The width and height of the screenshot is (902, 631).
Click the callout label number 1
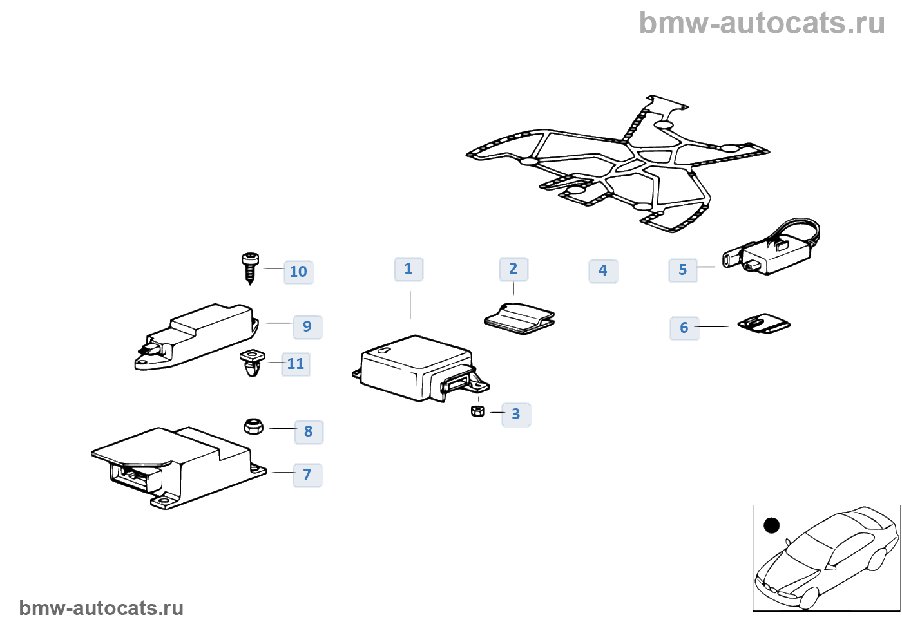tap(408, 269)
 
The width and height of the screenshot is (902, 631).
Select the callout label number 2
tap(513, 269)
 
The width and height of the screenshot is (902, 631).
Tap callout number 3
tap(515, 415)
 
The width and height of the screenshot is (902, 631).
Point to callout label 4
tap(603, 271)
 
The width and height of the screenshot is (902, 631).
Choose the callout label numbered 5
tap(683, 270)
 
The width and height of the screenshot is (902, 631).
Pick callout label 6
tap(684, 328)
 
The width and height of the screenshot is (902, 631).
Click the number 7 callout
tap(307, 475)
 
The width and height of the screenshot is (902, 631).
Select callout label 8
tap(309, 432)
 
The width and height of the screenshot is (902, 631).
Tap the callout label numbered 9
tap(307, 327)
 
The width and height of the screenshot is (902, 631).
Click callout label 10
tap(298, 272)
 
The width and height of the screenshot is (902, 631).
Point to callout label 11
tap(296, 364)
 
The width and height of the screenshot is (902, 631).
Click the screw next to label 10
tap(251, 267)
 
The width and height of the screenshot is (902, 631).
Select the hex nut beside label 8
tap(253, 426)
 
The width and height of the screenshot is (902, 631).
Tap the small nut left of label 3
tap(477, 411)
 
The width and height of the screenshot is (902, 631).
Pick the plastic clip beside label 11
tap(252, 363)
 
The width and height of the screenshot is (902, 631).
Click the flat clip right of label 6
tap(764, 323)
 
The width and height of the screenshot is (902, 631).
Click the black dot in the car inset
tap(771, 525)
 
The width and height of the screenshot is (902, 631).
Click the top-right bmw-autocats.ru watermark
tap(762, 24)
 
